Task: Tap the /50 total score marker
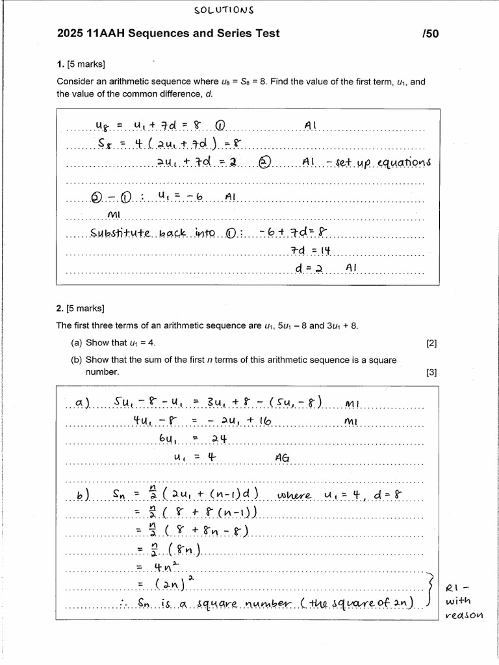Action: pyautogui.click(x=430, y=34)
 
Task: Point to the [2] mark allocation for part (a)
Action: pyautogui.click(x=431, y=343)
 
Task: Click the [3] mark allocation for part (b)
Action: pyautogui.click(x=431, y=372)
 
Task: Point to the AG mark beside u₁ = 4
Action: pyautogui.click(x=282, y=457)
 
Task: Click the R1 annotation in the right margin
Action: pyautogui.click(x=454, y=588)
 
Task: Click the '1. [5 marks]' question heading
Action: pyautogui.click(x=81, y=64)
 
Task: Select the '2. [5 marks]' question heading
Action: pyautogui.click(x=81, y=308)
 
